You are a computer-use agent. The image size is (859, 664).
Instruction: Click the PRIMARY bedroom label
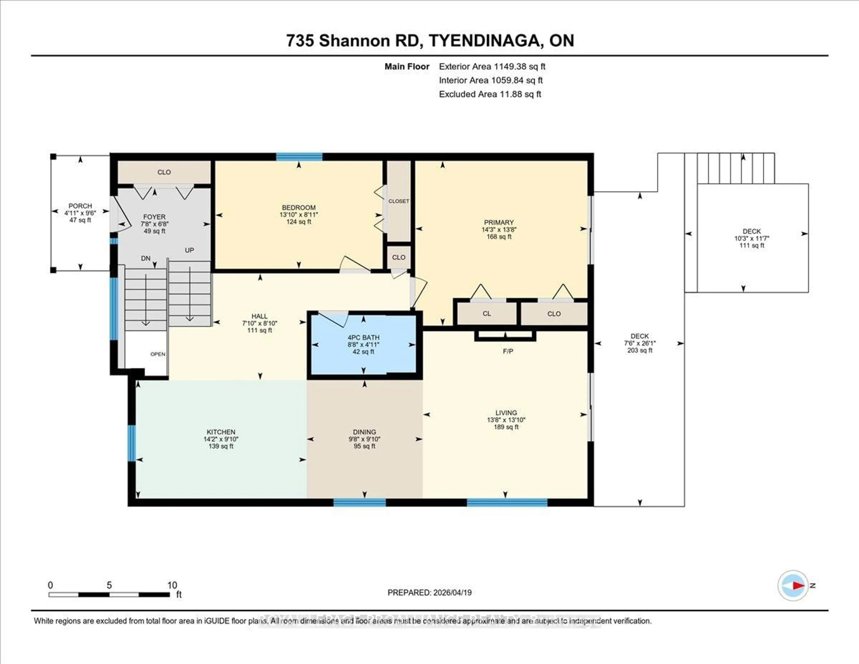point(499,222)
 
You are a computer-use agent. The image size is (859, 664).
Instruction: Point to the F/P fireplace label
point(508,351)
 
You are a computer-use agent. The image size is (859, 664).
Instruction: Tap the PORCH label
point(80,206)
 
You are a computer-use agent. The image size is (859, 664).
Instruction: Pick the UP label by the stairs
point(189,250)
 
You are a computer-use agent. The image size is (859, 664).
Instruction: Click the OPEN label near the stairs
point(158,354)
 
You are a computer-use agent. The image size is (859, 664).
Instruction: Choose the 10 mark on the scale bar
point(172,585)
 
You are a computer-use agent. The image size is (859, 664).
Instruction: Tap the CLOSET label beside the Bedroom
point(398,201)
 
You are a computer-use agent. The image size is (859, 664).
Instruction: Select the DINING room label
point(364,432)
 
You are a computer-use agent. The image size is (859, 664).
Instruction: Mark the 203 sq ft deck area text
point(640,350)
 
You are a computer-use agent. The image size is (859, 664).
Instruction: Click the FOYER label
point(154,217)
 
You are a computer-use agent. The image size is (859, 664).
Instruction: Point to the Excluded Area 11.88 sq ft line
point(490,94)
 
